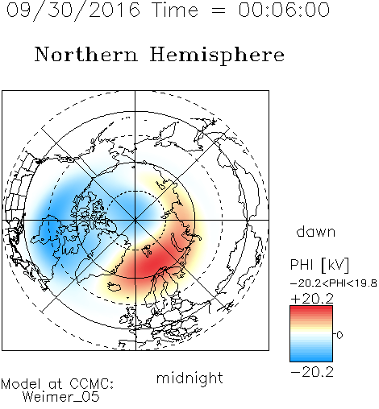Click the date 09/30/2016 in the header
pos(73,10)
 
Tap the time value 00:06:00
pos(284,10)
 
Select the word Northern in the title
pos(86,54)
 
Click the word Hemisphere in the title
pos(217,55)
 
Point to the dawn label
pos(316,231)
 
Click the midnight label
pos(189,378)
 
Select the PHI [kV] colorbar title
pos(319,265)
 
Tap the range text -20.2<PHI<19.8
pos(333,283)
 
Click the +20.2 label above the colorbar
pos(312,299)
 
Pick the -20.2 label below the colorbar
pos(312,372)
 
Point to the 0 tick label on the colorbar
pos(339,335)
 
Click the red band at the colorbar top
pos(311,309)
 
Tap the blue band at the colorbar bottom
pos(311,358)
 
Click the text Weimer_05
pos(61,397)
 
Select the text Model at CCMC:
pos(57,384)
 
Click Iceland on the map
pos(115,287)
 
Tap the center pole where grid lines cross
pos(135,220)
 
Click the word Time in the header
pos(175,10)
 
